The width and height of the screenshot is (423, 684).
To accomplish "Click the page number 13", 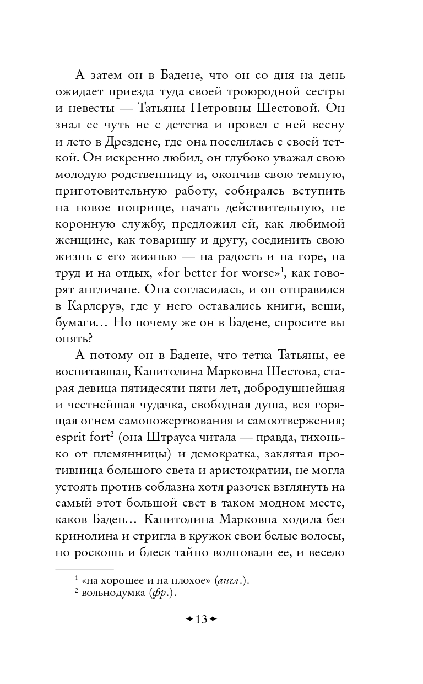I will click(201, 619).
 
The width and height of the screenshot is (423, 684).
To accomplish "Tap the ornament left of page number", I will click(189, 619).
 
